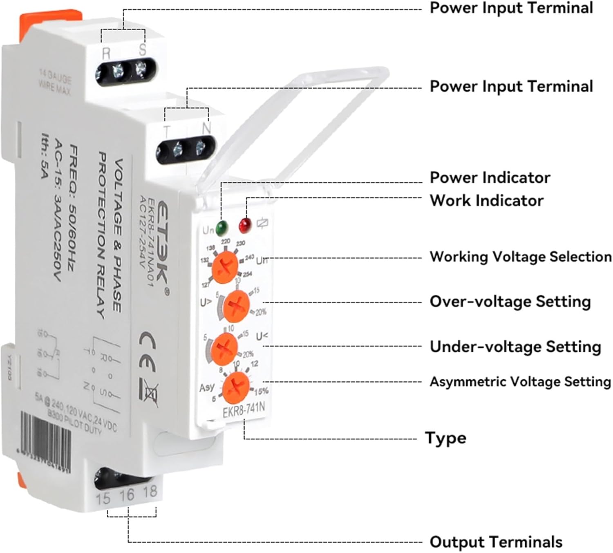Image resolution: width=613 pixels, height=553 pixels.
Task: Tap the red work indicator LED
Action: click(245, 224)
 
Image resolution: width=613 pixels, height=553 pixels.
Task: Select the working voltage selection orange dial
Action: click(225, 267)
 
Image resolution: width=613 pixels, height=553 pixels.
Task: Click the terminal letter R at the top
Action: click(106, 53)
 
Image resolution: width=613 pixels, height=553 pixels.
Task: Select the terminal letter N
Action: click(206, 128)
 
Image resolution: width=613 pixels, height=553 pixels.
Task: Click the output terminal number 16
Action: click(127, 495)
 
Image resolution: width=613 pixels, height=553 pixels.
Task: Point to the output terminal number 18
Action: click(150, 491)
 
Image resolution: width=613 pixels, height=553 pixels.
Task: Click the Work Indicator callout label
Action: click(486, 201)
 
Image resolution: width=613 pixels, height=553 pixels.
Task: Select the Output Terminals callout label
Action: click(496, 542)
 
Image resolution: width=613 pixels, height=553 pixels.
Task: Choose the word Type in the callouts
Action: click(445, 438)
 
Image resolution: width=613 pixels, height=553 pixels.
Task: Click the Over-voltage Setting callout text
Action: click(510, 302)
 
